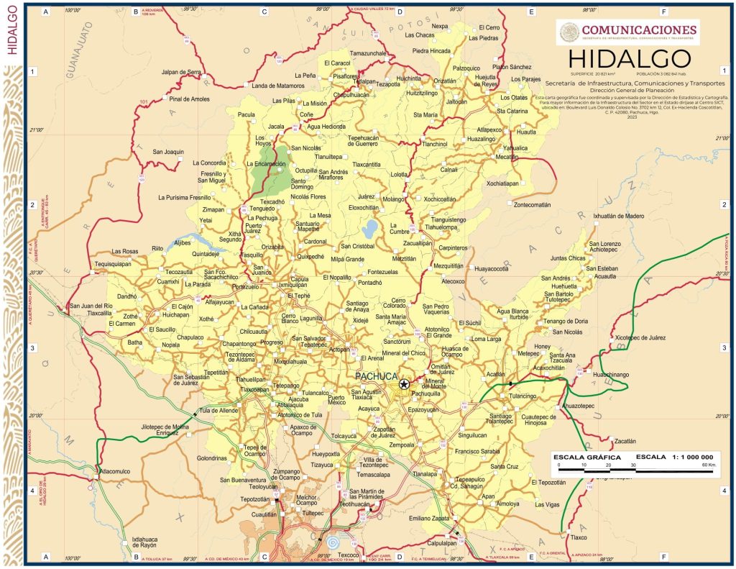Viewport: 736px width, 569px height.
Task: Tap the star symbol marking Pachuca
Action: pos(404,385)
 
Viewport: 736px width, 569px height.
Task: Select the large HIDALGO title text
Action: pos(629,58)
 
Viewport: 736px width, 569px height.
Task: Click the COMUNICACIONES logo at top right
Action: pos(627,31)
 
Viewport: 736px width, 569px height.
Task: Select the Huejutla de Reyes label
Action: pos(489,81)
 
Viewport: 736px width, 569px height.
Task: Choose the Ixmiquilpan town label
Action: pos(272,284)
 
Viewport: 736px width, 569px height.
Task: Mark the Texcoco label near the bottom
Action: pos(348,555)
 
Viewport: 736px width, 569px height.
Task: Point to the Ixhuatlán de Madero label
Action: pos(618,216)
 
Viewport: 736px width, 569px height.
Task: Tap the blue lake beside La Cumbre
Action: pos(369,229)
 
